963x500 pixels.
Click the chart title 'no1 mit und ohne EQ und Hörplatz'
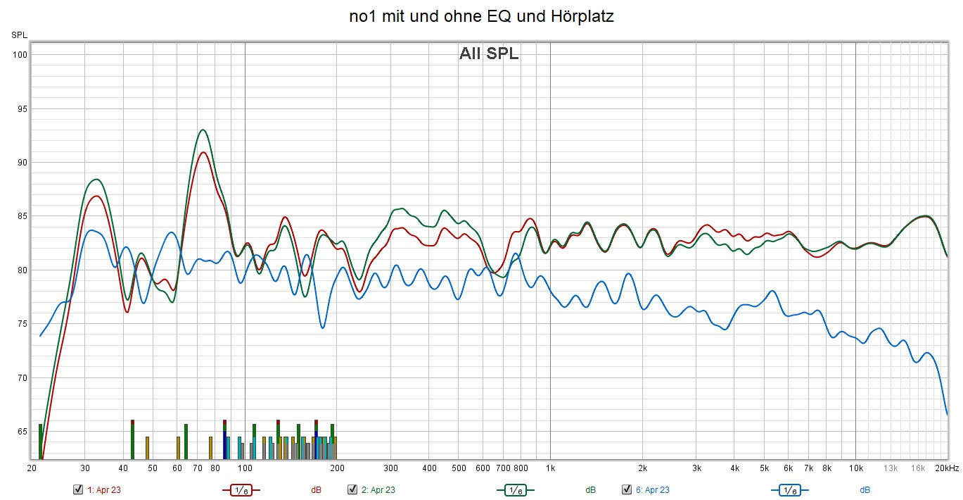(481, 17)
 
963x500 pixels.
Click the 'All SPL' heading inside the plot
(489, 54)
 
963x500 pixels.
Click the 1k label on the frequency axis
(550, 468)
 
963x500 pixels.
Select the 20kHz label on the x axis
(947, 468)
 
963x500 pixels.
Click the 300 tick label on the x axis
(391, 468)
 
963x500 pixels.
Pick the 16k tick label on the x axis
(918, 468)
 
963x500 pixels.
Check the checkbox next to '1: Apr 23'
(78, 489)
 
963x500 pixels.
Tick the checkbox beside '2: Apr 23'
(352, 489)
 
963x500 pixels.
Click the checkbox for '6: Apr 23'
(627, 489)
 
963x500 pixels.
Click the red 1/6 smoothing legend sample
(241, 489)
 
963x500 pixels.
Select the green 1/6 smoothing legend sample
(515, 489)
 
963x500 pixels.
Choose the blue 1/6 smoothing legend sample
(789, 489)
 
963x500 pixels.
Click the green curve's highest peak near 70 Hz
(203, 130)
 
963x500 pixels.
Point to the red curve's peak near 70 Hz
(203, 152)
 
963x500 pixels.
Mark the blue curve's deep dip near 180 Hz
(322, 327)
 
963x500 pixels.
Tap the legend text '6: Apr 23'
(652, 489)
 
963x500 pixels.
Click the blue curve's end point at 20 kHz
(947, 414)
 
